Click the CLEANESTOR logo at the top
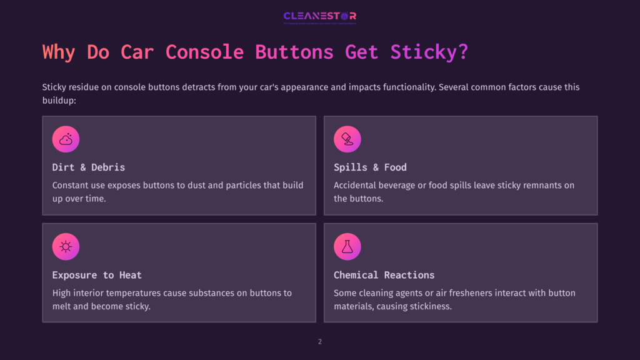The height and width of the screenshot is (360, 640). (x=319, y=17)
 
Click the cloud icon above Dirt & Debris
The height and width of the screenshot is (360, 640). (x=66, y=139)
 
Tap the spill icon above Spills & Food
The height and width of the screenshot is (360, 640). (x=347, y=139)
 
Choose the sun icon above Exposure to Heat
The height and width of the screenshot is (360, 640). (x=66, y=247)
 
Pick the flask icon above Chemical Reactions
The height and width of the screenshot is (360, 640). (x=347, y=247)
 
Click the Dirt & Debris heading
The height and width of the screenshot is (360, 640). (x=89, y=167)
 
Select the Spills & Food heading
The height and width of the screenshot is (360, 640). (x=370, y=167)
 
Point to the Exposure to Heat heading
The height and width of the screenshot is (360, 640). (x=97, y=275)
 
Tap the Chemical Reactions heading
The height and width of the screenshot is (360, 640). (x=384, y=275)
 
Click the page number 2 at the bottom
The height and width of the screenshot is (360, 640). (x=320, y=342)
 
